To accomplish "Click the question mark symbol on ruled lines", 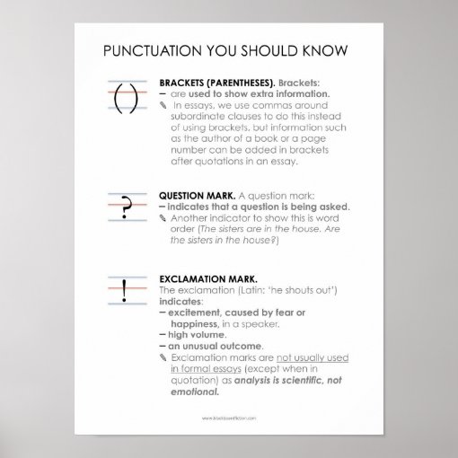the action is point(125,208).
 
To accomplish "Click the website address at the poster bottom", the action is point(229,418).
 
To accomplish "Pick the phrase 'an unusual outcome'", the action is point(214,346).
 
